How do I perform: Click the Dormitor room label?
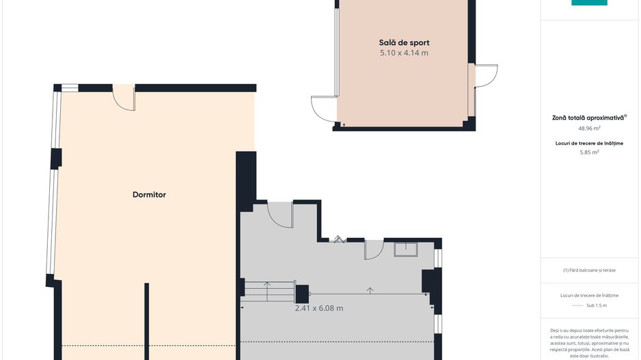(149, 195)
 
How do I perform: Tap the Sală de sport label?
(404, 42)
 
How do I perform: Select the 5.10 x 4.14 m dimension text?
(404, 53)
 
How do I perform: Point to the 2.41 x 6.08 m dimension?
(319, 308)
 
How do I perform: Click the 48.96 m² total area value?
(589, 128)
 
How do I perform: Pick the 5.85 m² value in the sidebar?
(589, 152)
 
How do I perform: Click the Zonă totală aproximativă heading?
(589, 117)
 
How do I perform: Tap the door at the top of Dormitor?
(124, 97)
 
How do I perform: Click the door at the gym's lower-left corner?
(324, 109)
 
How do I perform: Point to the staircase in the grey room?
(269, 291)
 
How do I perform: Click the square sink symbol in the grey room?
(405, 249)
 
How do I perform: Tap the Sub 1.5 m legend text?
(597, 305)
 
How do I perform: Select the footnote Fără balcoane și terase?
(589, 270)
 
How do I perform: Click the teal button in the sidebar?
(589, 3)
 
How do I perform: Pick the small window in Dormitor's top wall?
(70, 88)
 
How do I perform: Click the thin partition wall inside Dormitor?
(147, 321)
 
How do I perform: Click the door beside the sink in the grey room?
(374, 249)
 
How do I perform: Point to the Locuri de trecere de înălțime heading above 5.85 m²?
(589, 143)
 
